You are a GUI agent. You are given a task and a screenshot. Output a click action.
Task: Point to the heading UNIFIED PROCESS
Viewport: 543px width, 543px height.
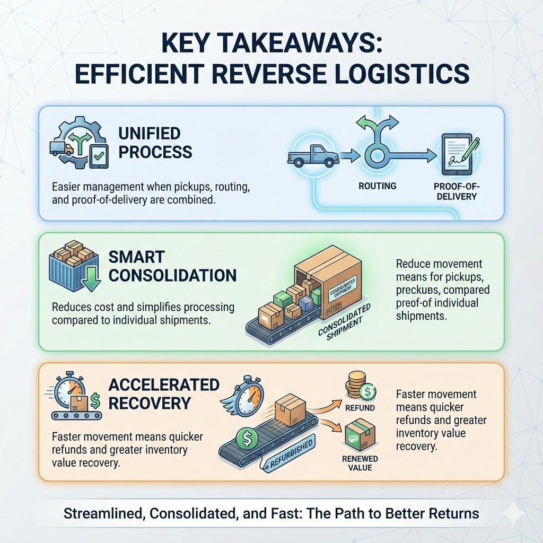click(155, 142)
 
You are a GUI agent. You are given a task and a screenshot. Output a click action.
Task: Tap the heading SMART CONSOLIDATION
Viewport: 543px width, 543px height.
click(172, 267)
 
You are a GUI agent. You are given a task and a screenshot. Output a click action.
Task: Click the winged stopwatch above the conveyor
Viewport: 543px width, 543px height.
click(247, 396)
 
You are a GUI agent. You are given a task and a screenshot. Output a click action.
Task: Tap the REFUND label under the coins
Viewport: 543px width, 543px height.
click(360, 408)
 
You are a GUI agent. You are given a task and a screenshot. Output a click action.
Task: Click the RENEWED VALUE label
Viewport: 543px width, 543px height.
click(360, 463)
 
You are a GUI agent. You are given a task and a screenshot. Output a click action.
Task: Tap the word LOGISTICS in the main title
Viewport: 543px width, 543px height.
click(402, 73)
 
